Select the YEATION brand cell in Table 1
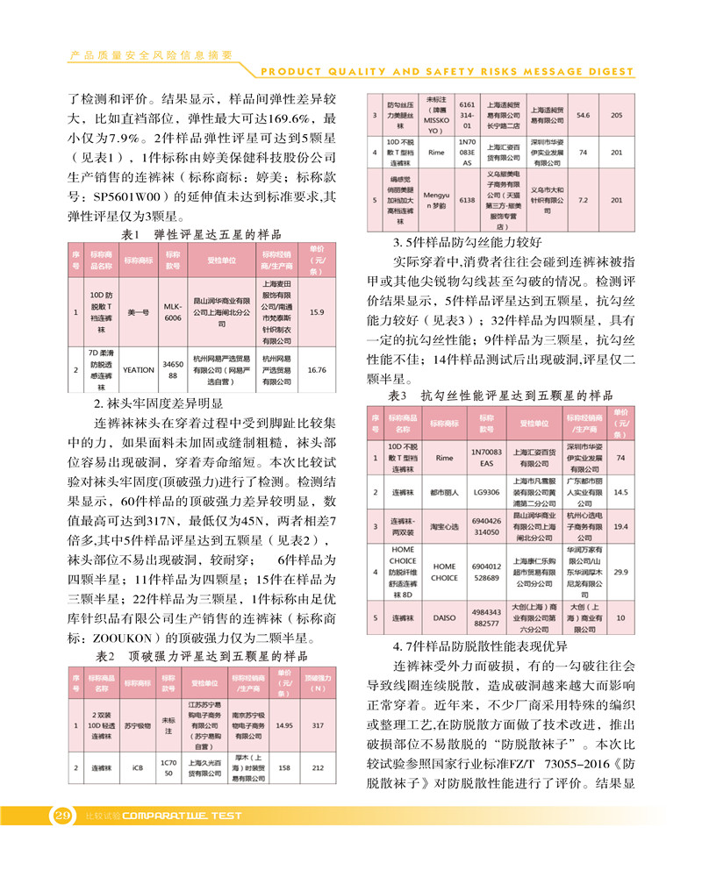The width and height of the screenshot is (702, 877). pos(139,370)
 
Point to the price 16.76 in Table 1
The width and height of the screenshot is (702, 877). pos(317,370)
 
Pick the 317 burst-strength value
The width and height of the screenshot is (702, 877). pos(318,725)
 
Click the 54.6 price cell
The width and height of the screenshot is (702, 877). pos(583,115)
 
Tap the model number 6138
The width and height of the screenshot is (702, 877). pos(467,200)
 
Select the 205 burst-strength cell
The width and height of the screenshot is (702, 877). pos(617,115)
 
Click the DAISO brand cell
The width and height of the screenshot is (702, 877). pos(444,618)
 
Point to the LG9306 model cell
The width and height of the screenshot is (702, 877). pos(484,492)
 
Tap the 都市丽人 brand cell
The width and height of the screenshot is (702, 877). pos(444,492)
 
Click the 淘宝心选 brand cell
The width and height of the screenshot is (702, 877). pos(444,526)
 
